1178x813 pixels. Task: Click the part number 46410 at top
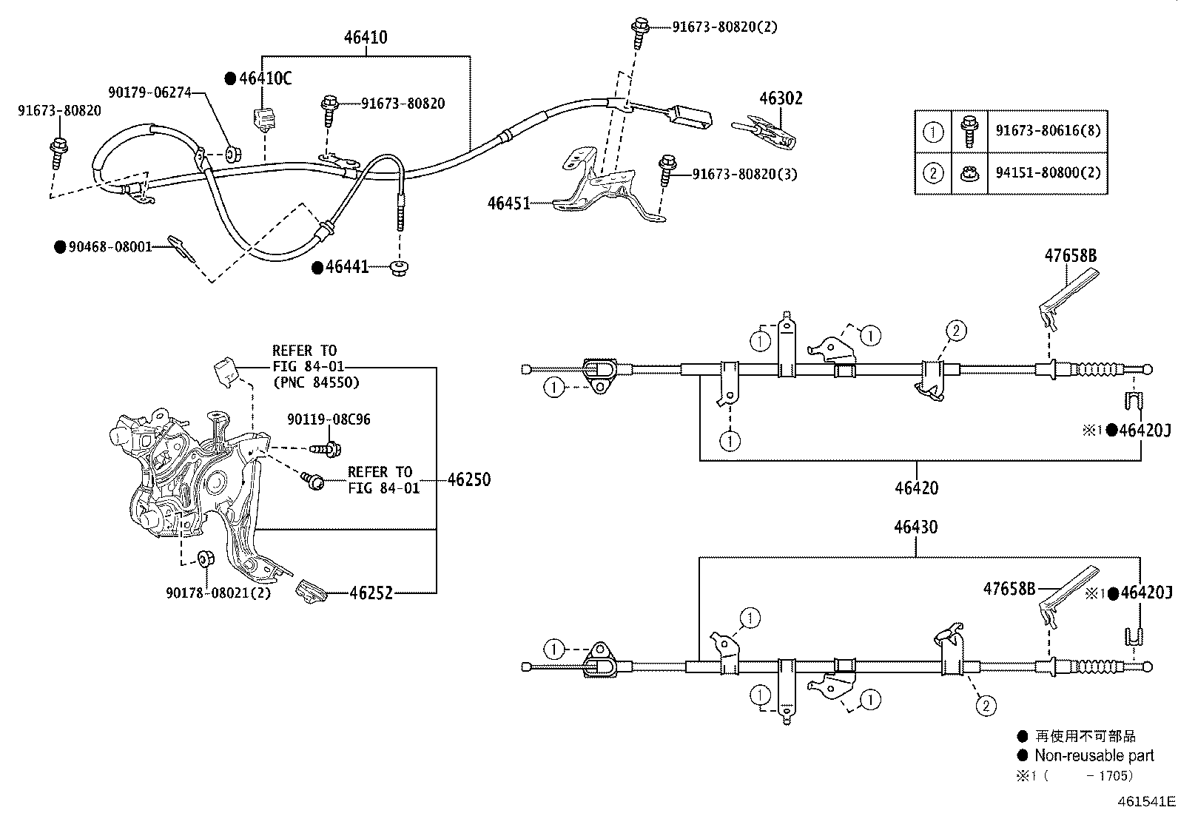(x=366, y=37)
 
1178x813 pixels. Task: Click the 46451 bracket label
(x=509, y=202)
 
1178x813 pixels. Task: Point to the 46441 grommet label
(x=347, y=267)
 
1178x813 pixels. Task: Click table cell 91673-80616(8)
(x=1048, y=131)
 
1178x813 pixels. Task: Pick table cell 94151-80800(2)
(x=1048, y=173)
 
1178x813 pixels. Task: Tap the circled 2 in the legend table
(x=933, y=173)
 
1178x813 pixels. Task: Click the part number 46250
(x=468, y=480)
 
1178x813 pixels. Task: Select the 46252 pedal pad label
(x=371, y=593)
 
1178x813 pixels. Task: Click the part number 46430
(x=915, y=527)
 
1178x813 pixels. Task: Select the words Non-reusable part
(x=1094, y=755)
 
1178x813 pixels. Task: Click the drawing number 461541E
(x=1146, y=801)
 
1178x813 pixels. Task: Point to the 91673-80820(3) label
(x=744, y=174)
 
